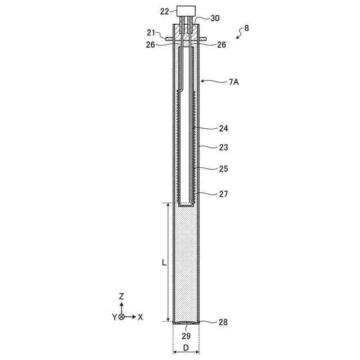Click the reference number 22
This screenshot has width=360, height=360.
164,11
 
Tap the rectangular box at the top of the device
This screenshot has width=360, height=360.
186,11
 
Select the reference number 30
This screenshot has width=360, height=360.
215,19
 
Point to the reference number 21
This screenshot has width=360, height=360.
151,33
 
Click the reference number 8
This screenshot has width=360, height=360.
246,28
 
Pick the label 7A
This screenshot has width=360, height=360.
234,82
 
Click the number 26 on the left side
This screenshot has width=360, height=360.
150,45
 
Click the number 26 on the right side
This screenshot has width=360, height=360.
222,45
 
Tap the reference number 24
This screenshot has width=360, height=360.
223,129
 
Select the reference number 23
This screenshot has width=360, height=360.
223,147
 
